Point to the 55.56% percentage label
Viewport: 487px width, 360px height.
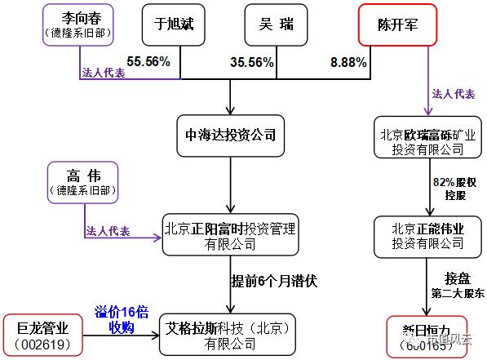tap(147, 61)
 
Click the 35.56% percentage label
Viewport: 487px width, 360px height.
tap(251, 61)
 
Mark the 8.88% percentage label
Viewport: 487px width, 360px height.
tap(349, 61)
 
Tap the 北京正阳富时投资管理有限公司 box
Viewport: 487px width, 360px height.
tap(230, 235)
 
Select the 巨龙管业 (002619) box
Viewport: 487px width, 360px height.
tap(46, 335)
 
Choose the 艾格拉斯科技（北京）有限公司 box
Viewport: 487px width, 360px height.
tap(230, 335)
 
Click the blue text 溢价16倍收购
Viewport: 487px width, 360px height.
tap(121, 319)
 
